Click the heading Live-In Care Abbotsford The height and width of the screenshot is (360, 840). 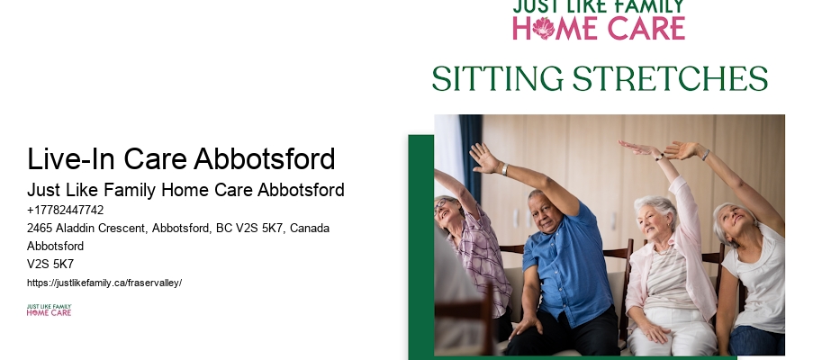[181, 159]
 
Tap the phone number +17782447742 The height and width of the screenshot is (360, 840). [66, 210]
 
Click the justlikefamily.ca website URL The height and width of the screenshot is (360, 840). [104, 283]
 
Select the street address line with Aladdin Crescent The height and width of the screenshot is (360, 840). [178, 229]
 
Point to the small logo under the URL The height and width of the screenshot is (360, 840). [49, 310]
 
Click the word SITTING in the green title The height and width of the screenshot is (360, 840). [498, 79]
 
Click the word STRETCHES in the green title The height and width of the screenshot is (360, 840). [670, 79]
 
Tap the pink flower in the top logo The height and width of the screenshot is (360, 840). [543, 28]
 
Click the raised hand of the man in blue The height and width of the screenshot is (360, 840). [483, 157]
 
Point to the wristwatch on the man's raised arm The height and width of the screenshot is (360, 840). [505, 169]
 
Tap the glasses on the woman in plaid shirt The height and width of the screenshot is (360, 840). [441, 206]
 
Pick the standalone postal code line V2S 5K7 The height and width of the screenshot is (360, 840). [50, 265]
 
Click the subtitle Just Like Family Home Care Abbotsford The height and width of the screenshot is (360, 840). [185, 190]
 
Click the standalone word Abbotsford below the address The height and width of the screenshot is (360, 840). [55, 247]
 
